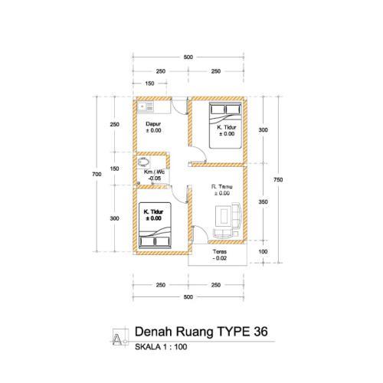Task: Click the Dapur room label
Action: [153, 124]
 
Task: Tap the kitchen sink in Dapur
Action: [145, 107]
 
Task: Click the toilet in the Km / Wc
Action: [144, 162]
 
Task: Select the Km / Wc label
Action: [154, 172]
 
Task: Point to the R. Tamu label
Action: [221, 187]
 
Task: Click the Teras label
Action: [220, 251]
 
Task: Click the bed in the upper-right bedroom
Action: [225, 126]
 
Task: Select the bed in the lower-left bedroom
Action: [155, 225]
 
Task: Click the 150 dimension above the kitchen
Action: [149, 83]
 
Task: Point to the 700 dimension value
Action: [97, 175]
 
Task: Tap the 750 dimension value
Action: [278, 180]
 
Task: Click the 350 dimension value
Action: [263, 202]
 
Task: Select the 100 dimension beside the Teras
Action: [263, 252]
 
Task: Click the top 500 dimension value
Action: [188, 57]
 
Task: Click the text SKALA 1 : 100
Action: [161, 347]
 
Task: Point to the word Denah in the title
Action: [154, 332]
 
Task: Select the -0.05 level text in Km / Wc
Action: [155, 178]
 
